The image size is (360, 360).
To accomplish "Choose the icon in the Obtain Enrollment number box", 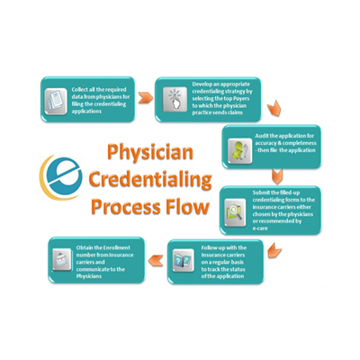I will tap(60, 259).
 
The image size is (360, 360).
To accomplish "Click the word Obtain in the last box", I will tap(85, 246).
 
